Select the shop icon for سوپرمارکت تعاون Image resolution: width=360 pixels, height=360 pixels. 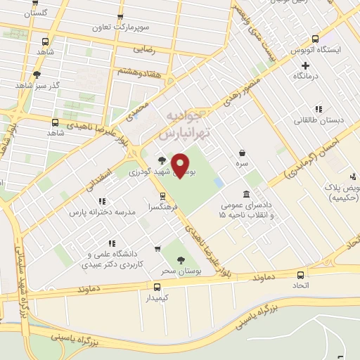(120, 17)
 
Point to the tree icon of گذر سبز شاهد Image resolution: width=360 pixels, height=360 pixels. (37, 74)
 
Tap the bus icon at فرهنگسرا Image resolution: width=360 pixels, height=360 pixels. (163, 196)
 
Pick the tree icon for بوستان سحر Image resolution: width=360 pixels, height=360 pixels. (181, 259)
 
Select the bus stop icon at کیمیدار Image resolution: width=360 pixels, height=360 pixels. (157, 286)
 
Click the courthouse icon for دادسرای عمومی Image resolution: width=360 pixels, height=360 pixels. (246, 194)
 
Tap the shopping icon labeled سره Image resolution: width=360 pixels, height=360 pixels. (242, 152)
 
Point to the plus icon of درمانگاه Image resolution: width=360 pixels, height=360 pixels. (305, 65)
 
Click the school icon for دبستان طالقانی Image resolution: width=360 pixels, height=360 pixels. (319, 109)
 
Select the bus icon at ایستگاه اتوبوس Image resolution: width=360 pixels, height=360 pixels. (314, 39)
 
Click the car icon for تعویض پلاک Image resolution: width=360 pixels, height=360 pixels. (353, 176)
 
